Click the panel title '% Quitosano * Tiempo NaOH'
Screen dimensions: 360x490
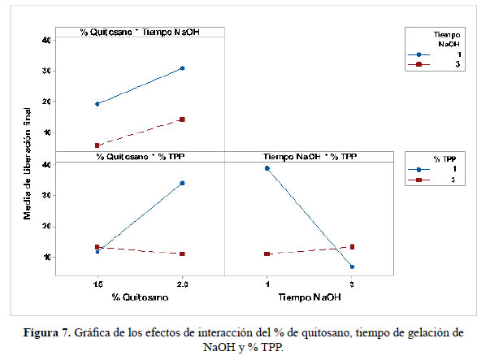(139, 33)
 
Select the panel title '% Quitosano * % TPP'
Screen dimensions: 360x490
(139, 155)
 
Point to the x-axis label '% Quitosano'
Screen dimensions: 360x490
(139, 297)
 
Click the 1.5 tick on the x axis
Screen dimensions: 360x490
(98, 284)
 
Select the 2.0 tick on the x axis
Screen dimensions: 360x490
(182, 284)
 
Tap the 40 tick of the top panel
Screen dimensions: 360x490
(46, 40)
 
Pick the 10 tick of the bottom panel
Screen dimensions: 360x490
(46, 258)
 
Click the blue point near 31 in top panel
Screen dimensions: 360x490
(182, 68)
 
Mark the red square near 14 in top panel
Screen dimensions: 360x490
(182, 119)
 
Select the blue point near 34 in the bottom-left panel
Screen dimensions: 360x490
(182, 183)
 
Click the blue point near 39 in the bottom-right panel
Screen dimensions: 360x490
(267, 168)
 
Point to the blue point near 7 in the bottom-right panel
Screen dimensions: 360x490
(352, 267)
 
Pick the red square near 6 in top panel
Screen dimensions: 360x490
(98, 145)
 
